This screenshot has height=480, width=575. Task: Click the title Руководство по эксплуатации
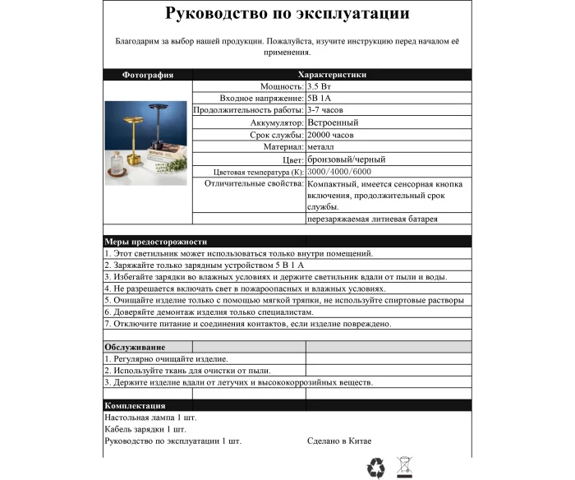coord(287,14)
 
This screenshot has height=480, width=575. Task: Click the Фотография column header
coord(148,75)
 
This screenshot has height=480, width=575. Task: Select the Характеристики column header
coord(332,75)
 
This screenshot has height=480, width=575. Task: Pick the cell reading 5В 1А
coord(320,98)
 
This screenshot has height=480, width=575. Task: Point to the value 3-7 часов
coord(326,109)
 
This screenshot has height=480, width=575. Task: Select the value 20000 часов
coord(330,135)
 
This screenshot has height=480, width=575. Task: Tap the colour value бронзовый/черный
coord(346,159)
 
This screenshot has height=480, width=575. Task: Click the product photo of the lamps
coord(147,142)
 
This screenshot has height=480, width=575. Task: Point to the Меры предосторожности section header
coord(155,242)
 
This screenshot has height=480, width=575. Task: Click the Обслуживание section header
coord(134,347)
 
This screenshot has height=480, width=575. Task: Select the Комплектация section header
coord(135,405)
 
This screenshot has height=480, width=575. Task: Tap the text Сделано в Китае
coord(339,441)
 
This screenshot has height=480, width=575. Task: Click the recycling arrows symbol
coord(375,467)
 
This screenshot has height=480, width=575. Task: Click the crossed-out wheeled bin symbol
coord(403,467)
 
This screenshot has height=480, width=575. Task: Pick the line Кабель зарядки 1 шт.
coord(145,429)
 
